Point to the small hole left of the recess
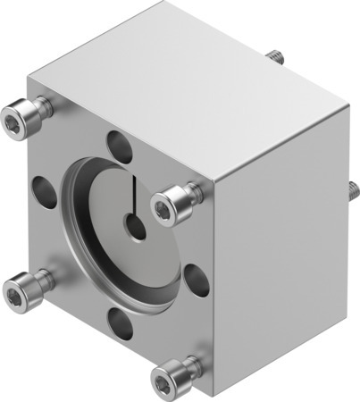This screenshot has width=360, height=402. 43,189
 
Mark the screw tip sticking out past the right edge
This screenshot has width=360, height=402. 353,189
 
